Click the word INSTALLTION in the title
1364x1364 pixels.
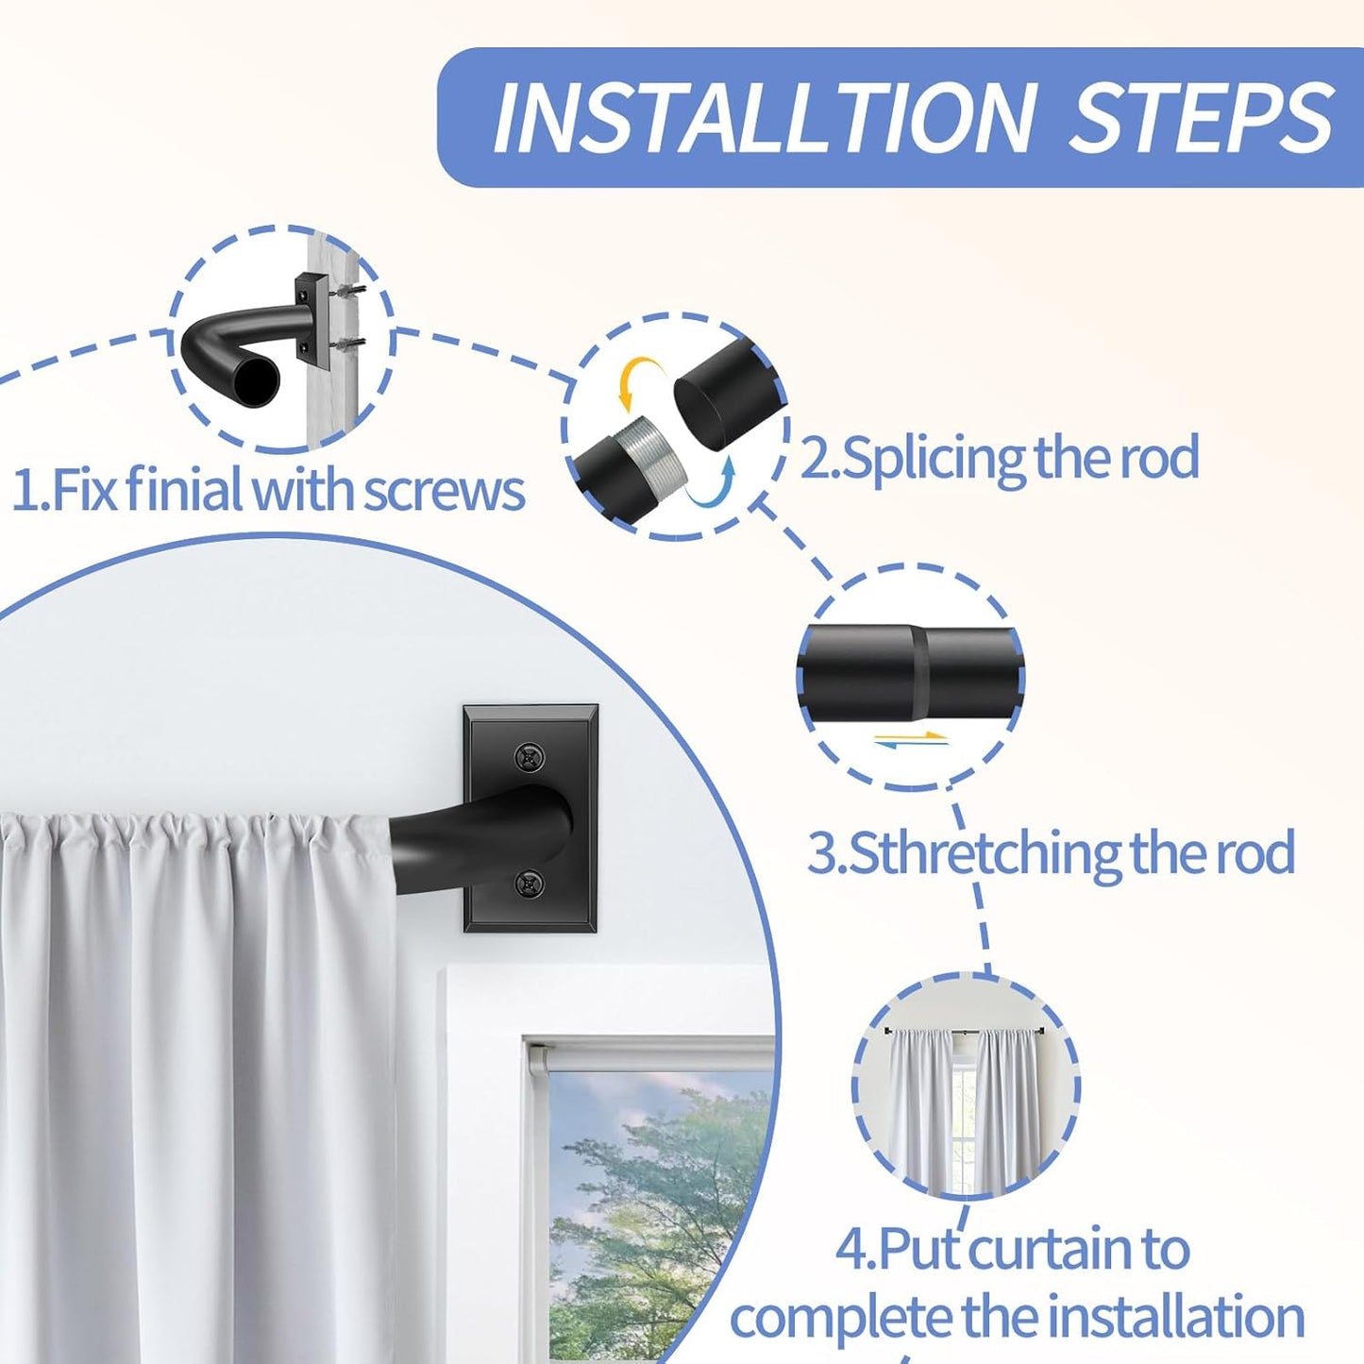tap(764, 118)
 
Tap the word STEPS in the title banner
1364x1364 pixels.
tap(1201, 118)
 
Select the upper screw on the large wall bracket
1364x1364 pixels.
tap(530, 757)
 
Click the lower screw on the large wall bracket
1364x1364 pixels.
tap(530, 884)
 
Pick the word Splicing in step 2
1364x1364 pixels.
tap(935, 458)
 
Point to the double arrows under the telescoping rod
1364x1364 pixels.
tap(911, 739)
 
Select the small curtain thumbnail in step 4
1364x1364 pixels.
tap(965, 1087)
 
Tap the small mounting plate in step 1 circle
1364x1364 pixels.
tap(311, 319)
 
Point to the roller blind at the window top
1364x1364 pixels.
tap(651, 1053)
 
